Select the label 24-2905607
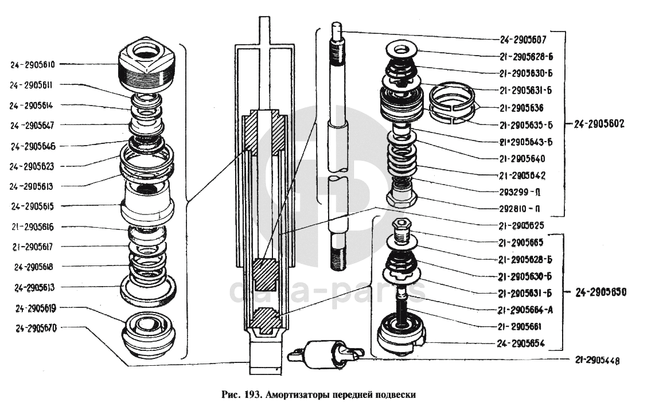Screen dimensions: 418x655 [523, 40]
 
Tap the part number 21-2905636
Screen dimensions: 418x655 [521, 108]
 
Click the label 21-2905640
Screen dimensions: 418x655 [521, 159]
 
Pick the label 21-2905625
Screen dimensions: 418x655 [521, 225]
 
